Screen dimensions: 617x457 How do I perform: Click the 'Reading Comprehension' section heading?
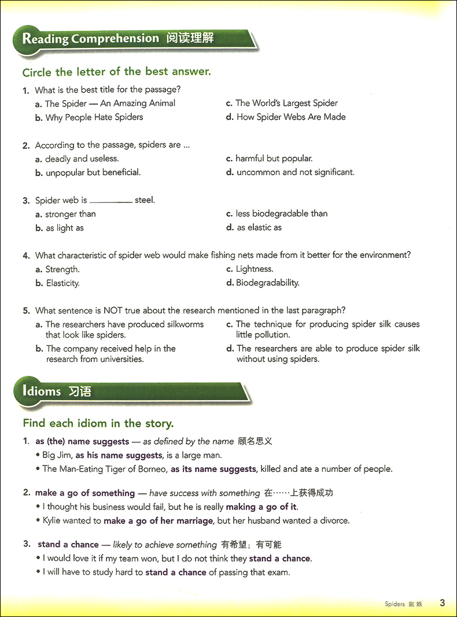pyautogui.click(x=90, y=39)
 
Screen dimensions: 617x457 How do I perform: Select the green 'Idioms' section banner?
pyautogui.click(x=42, y=391)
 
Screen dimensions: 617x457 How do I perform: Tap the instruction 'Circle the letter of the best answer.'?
pyautogui.click(x=116, y=72)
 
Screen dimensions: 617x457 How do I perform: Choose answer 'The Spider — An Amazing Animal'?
pyautogui.click(x=110, y=103)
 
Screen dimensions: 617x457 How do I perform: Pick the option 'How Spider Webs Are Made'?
pyautogui.click(x=291, y=117)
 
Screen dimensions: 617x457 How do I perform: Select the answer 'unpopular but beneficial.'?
pyautogui.click(x=93, y=172)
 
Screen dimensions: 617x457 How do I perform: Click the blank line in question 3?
pyautogui.click(x=111, y=202)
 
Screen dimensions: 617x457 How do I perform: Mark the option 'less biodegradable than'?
pyautogui.click(x=281, y=213)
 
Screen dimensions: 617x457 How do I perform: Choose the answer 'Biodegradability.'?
pyautogui.click(x=267, y=283)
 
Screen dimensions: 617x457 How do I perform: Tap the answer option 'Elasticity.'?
pyautogui.click(x=62, y=283)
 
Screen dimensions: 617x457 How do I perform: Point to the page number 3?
pyautogui.click(x=442, y=603)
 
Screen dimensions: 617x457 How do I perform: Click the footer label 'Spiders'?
pyautogui.click(x=395, y=604)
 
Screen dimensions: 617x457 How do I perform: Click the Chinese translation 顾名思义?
pyautogui.click(x=255, y=441)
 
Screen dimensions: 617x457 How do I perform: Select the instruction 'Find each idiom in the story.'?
pyautogui.click(x=98, y=423)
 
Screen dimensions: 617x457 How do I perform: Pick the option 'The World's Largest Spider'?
pyautogui.click(x=286, y=103)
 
